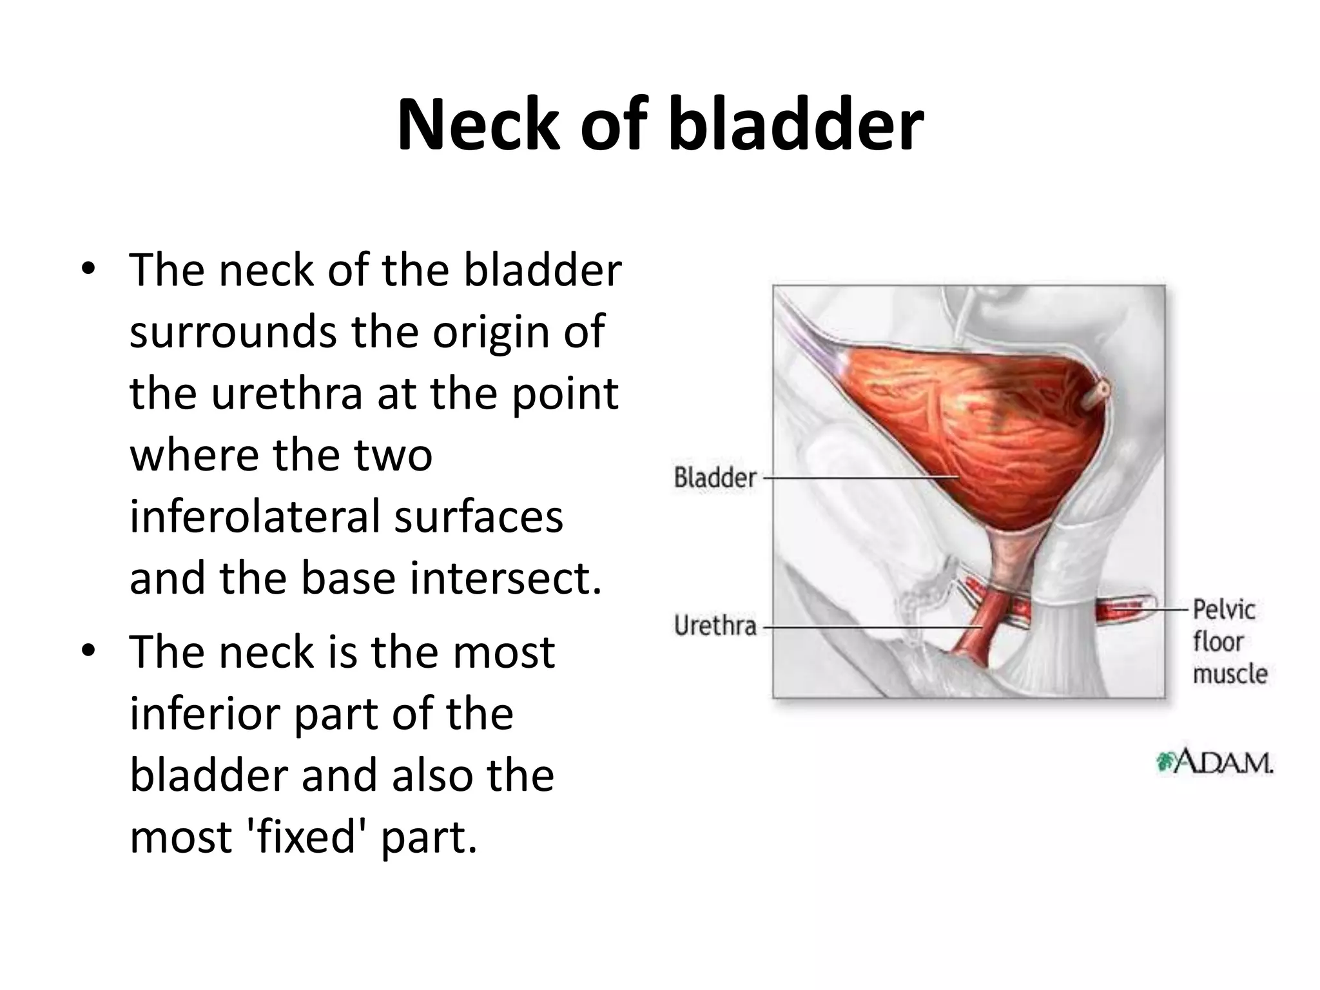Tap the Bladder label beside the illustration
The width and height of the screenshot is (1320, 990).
click(x=715, y=478)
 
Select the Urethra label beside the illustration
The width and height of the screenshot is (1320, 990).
click(x=715, y=626)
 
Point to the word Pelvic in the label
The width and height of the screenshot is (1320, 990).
click(x=1223, y=610)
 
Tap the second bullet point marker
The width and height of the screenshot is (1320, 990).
click(x=88, y=651)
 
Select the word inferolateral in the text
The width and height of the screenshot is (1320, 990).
click(x=254, y=517)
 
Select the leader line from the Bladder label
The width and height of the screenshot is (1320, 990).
click(x=857, y=478)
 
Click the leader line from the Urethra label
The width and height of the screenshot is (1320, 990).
click(x=870, y=626)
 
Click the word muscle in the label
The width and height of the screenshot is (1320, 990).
click(x=1229, y=674)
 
